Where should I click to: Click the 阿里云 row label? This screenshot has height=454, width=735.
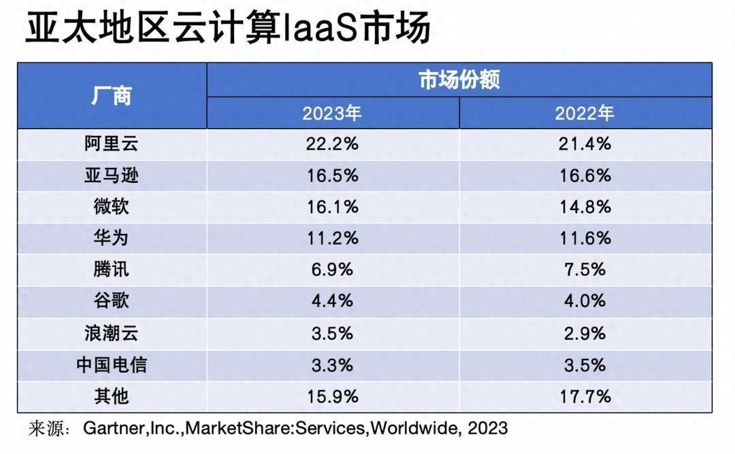click(x=111, y=144)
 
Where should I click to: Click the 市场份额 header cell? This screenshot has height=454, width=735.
click(x=459, y=80)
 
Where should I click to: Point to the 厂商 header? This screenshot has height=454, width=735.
click(x=111, y=96)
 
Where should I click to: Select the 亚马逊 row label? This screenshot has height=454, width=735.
click(x=111, y=175)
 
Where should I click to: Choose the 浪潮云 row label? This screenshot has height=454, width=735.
click(x=111, y=333)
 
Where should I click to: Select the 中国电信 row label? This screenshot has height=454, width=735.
click(x=111, y=364)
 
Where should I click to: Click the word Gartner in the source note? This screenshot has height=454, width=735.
click(x=109, y=428)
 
